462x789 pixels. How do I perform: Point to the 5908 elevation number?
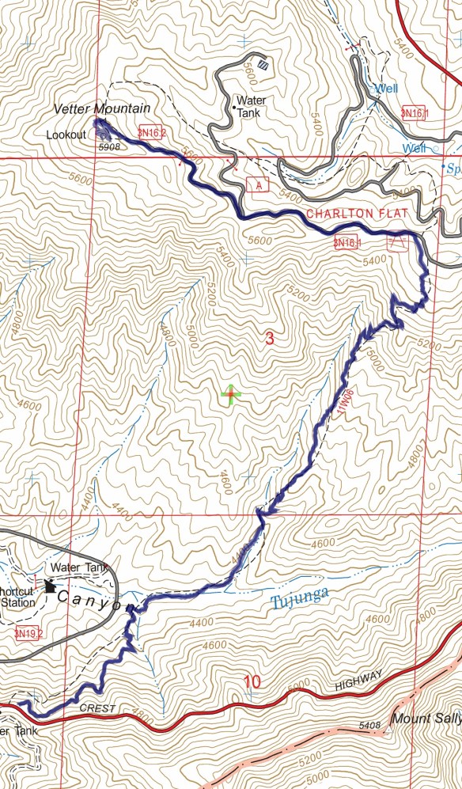(109, 146)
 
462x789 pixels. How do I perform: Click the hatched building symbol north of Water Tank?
(263, 67)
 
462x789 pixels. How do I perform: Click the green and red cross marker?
(230, 394)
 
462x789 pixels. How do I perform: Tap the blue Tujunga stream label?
(297, 601)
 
